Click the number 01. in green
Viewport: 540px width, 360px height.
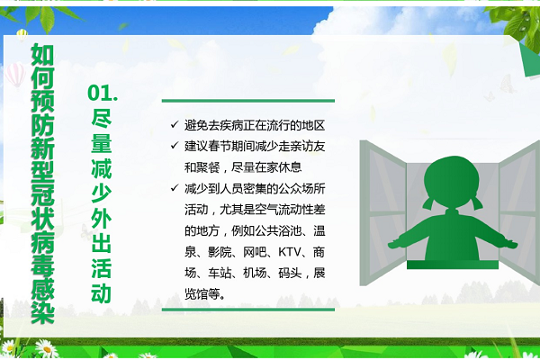(x=103, y=94)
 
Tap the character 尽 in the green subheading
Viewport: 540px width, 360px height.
(x=101, y=118)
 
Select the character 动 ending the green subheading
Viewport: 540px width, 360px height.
(x=101, y=293)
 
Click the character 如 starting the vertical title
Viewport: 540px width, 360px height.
(x=42, y=54)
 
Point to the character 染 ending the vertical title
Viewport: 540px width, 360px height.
(x=42, y=312)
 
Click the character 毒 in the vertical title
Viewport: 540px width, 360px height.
(x=42, y=266)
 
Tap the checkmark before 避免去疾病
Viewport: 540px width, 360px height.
(x=175, y=124)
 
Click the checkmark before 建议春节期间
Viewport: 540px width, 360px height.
(x=175, y=146)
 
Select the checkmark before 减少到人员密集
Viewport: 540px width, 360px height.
(x=175, y=188)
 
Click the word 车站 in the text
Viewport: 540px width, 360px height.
(x=220, y=274)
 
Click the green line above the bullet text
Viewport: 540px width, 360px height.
(x=248, y=101)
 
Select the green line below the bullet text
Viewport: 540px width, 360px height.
(x=248, y=310)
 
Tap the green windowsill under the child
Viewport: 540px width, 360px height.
(x=453, y=265)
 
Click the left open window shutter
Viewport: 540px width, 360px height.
(x=383, y=213)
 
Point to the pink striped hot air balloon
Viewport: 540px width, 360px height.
(x=14, y=75)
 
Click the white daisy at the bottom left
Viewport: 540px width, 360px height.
(x=47, y=348)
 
